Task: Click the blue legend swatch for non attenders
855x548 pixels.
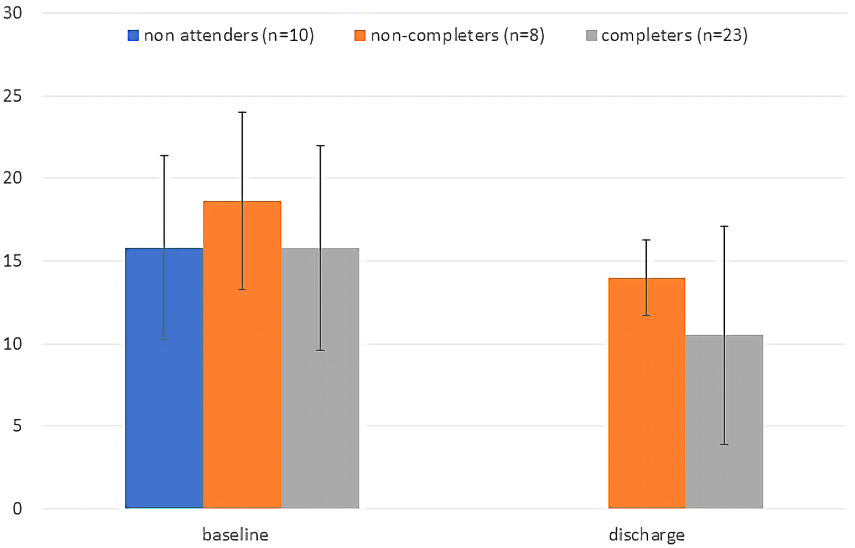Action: [x=133, y=35]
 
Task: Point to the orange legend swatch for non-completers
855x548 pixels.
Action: [x=360, y=35]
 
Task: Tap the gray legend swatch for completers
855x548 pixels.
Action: [x=591, y=35]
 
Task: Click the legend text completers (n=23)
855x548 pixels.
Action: [x=674, y=35]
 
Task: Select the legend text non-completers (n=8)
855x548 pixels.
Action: [x=457, y=35]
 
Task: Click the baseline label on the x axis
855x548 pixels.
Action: [x=235, y=534]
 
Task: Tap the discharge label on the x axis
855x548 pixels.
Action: [x=647, y=534]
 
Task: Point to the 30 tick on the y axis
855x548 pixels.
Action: [x=13, y=13]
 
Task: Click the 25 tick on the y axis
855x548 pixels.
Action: [x=13, y=96]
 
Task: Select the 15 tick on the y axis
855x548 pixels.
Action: [x=13, y=261]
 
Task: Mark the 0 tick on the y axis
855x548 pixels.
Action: [x=17, y=509]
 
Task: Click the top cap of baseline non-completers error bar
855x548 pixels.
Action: [x=242, y=112]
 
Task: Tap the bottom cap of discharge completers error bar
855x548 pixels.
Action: [x=724, y=444]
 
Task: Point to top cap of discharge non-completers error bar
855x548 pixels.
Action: [x=647, y=240]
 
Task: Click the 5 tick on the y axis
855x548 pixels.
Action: [x=17, y=426]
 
